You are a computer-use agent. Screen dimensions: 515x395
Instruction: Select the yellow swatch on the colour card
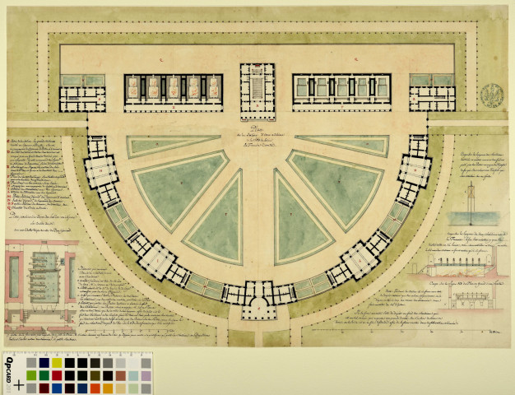point(57,362)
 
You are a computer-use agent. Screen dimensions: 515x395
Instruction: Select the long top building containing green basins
point(342,91)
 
